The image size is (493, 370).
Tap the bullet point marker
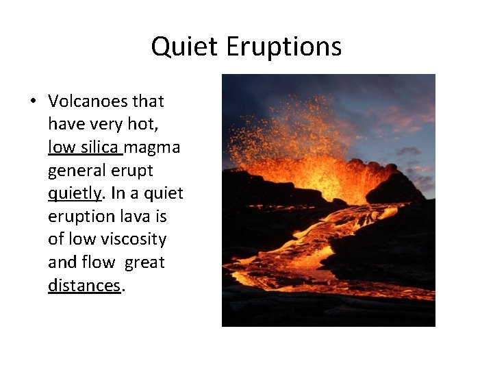[33, 102]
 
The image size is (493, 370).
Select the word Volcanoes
[87, 101]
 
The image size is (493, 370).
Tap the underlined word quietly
[74, 193]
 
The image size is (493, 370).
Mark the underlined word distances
[84, 285]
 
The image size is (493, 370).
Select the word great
[144, 262]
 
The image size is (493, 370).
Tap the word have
[64, 124]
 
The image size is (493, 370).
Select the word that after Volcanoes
[149, 101]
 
